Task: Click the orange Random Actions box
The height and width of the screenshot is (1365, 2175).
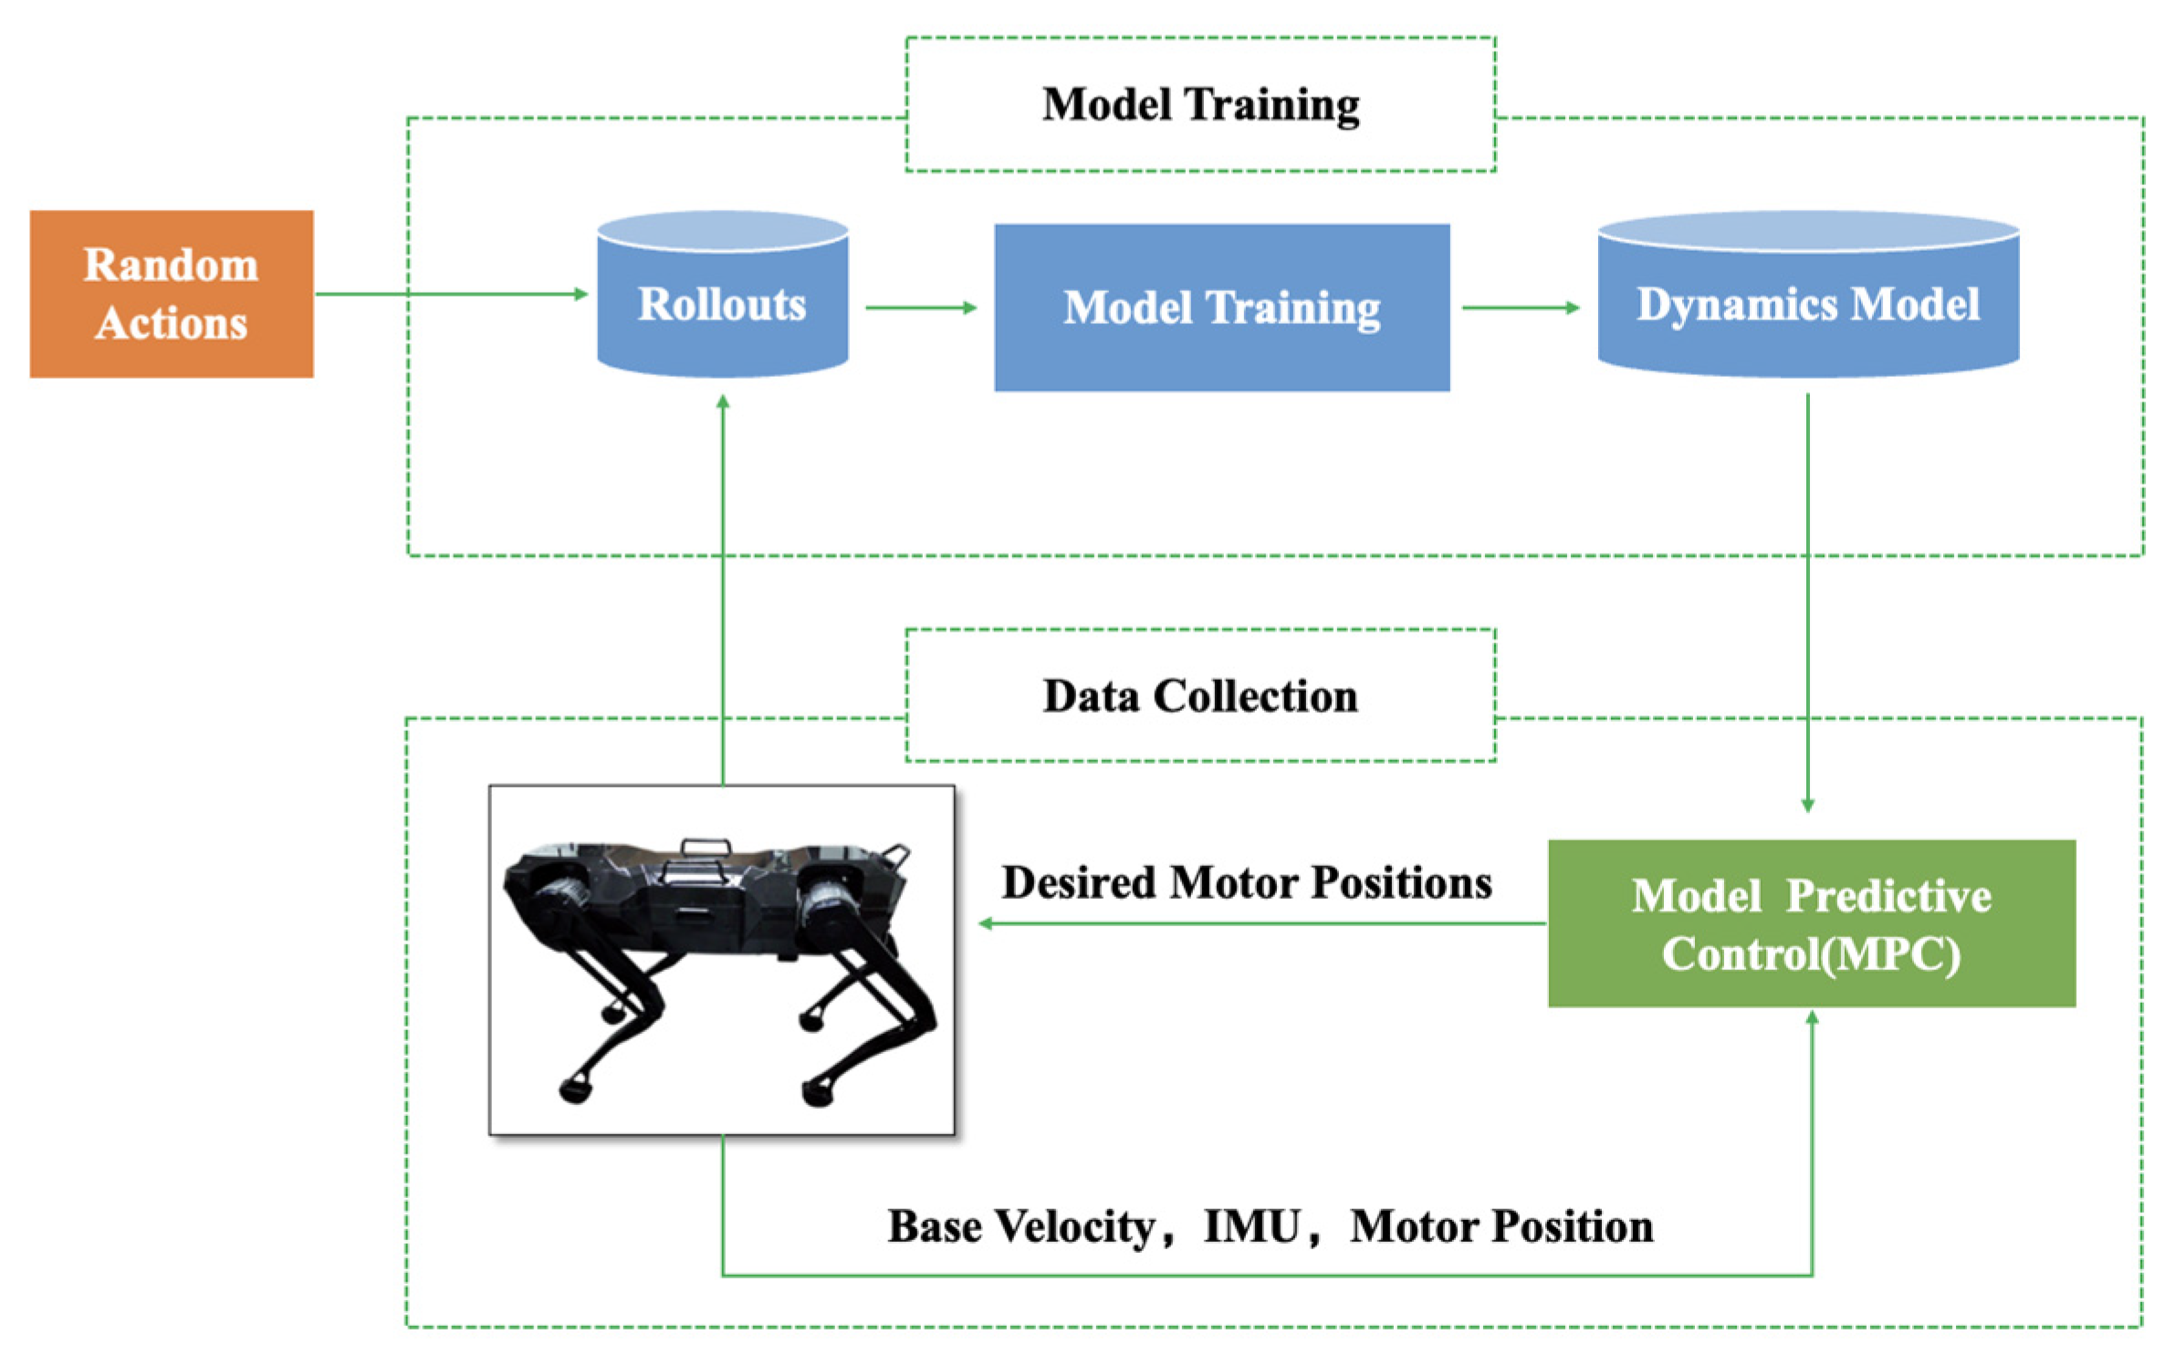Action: click(x=172, y=294)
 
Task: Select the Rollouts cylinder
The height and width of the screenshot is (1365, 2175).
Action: click(x=722, y=294)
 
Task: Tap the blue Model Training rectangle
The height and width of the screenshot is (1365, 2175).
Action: click(x=1221, y=307)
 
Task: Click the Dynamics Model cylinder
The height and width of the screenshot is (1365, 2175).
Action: click(x=1808, y=294)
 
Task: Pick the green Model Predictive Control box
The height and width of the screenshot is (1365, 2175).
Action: click(x=1812, y=923)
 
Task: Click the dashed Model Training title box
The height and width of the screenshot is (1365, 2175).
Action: click(x=1200, y=104)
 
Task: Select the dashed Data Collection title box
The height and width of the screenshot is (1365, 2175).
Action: click(x=1200, y=695)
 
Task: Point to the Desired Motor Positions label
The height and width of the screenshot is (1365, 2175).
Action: click(x=1247, y=883)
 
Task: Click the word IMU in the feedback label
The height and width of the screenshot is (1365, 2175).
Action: click(x=1252, y=1226)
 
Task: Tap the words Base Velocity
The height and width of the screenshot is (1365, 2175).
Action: click(x=1022, y=1227)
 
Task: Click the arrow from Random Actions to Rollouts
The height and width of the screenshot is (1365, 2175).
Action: click(x=452, y=294)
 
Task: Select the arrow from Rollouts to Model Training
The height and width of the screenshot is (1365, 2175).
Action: click(x=921, y=307)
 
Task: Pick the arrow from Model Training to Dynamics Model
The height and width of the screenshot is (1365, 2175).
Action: click(x=1521, y=307)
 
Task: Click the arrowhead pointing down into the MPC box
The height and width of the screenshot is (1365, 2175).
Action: click(x=1808, y=805)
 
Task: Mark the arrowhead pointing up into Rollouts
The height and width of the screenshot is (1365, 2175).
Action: click(x=723, y=402)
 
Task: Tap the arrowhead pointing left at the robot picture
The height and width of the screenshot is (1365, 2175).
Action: click(x=987, y=923)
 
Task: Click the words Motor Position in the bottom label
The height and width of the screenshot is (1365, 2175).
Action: click(x=1501, y=1226)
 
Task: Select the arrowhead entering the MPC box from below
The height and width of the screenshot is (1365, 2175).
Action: click(x=1813, y=1018)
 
